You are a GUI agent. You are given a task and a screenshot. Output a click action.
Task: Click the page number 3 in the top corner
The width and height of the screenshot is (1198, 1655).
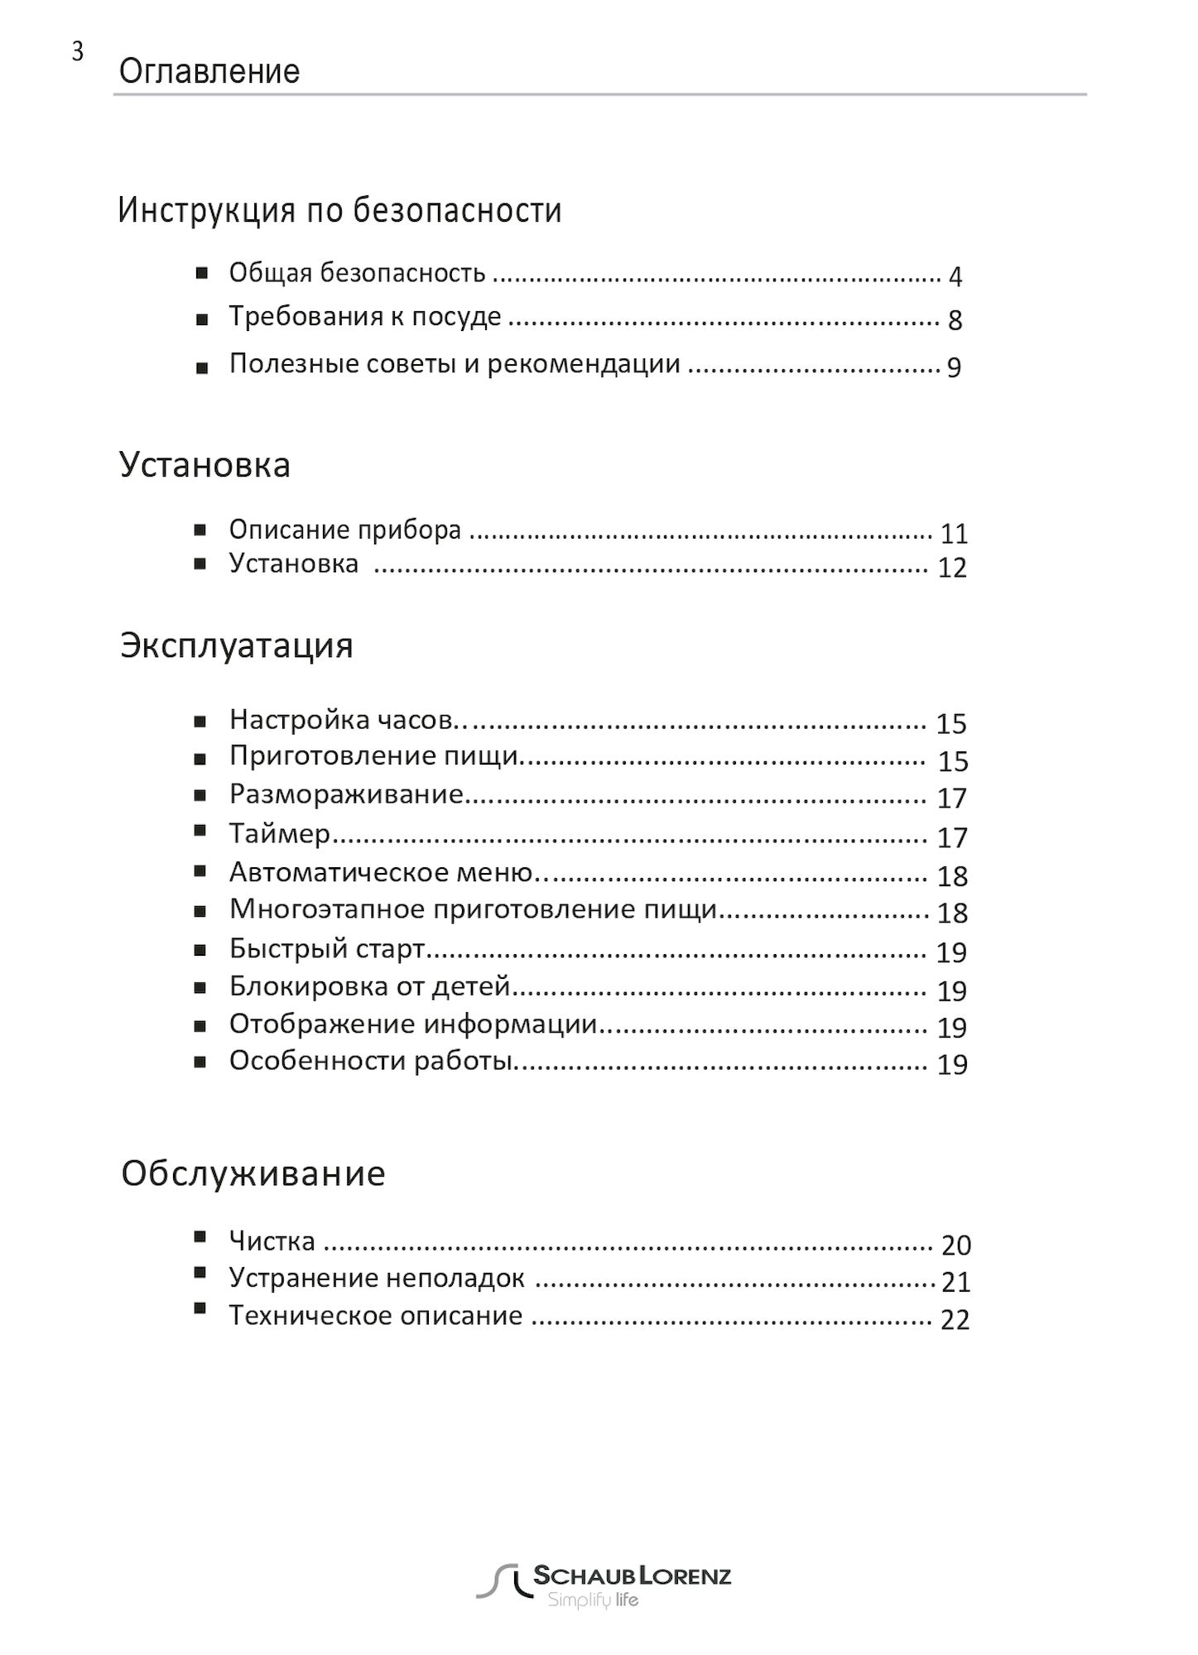pyautogui.click(x=77, y=52)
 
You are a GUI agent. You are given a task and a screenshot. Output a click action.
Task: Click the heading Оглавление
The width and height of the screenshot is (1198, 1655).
pyautogui.click(x=209, y=72)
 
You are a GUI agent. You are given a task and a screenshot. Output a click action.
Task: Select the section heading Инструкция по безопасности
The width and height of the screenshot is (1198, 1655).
pyautogui.click(x=339, y=211)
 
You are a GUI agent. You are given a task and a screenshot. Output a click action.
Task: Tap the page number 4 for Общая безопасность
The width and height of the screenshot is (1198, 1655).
pyautogui.click(x=955, y=277)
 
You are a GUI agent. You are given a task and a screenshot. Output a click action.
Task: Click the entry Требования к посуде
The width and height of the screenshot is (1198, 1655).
pyautogui.click(x=365, y=317)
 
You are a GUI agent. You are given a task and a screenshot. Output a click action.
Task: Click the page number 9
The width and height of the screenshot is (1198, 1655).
pyautogui.click(x=954, y=367)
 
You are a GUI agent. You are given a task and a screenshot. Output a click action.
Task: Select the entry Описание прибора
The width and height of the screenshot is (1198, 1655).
pyautogui.click(x=344, y=530)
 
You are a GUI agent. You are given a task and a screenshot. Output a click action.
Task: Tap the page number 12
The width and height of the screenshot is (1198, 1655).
pyautogui.click(x=952, y=568)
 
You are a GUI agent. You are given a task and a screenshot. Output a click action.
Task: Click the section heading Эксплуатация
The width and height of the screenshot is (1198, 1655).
pyautogui.click(x=237, y=645)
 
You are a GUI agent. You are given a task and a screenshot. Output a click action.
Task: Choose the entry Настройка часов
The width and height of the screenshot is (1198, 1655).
pyautogui.click(x=339, y=720)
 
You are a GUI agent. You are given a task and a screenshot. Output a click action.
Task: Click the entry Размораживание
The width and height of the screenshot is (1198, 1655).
pyautogui.click(x=345, y=794)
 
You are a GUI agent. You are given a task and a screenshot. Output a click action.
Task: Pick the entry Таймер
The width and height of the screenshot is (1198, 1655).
pyautogui.click(x=279, y=833)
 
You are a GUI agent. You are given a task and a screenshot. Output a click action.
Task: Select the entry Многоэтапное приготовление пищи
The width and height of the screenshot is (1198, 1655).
pyautogui.click(x=473, y=909)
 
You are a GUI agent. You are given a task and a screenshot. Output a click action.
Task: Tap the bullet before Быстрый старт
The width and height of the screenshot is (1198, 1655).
pyautogui.click(x=200, y=951)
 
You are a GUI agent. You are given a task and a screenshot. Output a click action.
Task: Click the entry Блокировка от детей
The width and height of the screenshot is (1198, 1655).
pyautogui.click(x=369, y=986)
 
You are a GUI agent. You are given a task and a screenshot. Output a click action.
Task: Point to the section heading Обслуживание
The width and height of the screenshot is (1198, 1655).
pyautogui.click(x=253, y=1174)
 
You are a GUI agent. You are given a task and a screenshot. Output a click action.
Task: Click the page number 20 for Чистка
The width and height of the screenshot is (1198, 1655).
pyautogui.click(x=956, y=1245)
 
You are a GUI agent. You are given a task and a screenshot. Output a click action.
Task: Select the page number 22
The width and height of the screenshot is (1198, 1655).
pyautogui.click(x=955, y=1320)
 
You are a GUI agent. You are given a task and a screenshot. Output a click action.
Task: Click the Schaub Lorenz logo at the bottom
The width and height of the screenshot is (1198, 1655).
pyautogui.click(x=604, y=1585)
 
